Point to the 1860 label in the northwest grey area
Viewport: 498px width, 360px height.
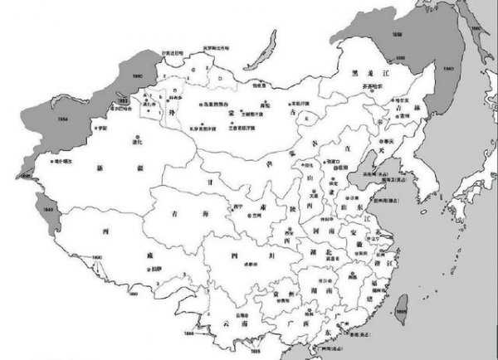(138, 75)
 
